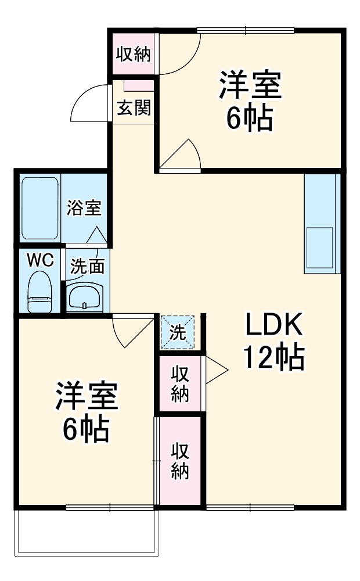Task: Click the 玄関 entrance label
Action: pos(134,108)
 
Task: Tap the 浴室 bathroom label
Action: pos(85,207)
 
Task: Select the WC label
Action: pos(41,260)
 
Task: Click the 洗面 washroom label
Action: pos(88,267)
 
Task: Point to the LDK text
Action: pos(273,326)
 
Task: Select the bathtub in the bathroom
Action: pos(40,207)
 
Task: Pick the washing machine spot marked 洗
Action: pos(178,332)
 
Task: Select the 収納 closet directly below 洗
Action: pos(181,383)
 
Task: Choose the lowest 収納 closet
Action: pos(181,461)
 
